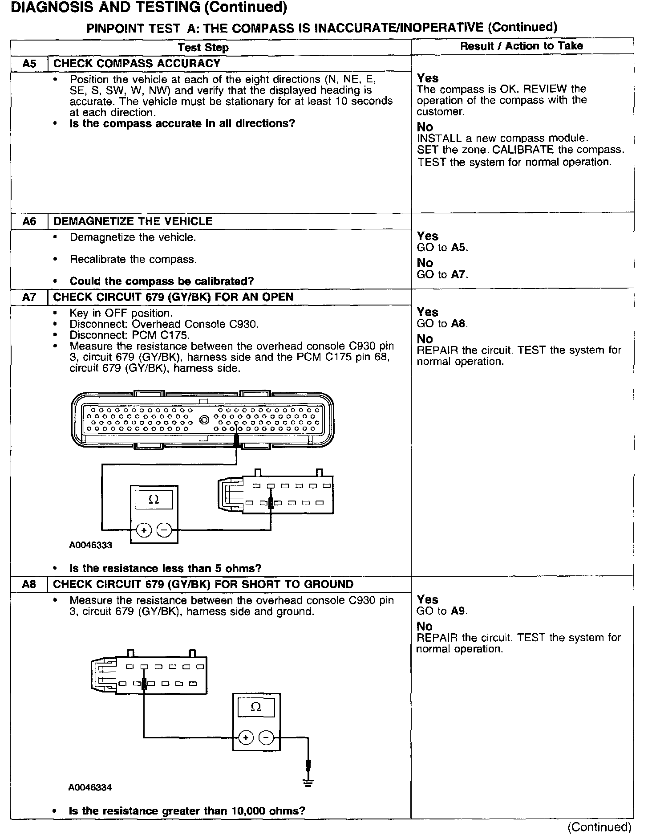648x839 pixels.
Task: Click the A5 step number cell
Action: [x=29, y=64]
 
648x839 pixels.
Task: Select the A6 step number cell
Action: [x=29, y=221]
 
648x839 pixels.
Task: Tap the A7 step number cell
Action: [x=29, y=297]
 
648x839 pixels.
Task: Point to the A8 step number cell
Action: [x=29, y=584]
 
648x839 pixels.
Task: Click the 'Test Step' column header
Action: [x=203, y=48]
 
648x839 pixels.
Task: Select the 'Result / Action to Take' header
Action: [x=521, y=46]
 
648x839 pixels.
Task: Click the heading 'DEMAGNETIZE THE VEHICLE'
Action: [x=133, y=221]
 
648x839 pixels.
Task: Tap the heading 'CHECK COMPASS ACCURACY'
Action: [x=137, y=64]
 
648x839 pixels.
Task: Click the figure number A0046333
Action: [x=90, y=545]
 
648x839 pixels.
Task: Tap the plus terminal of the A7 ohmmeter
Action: [x=144, y=530]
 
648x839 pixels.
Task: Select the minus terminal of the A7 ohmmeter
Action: [x=164, y=530]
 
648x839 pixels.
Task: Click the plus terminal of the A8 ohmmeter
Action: [x=245, y=738]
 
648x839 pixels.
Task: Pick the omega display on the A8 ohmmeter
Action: [x=256, y=707]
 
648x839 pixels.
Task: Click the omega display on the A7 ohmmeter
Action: [x=154, y=499]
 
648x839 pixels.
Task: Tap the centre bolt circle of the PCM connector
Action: [x=204, y=419]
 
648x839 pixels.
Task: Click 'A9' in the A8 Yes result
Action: [x=458, y=611]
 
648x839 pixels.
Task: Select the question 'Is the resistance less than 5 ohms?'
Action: [x=165, y=568]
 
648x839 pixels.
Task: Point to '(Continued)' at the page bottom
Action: [x=599, y=827]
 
